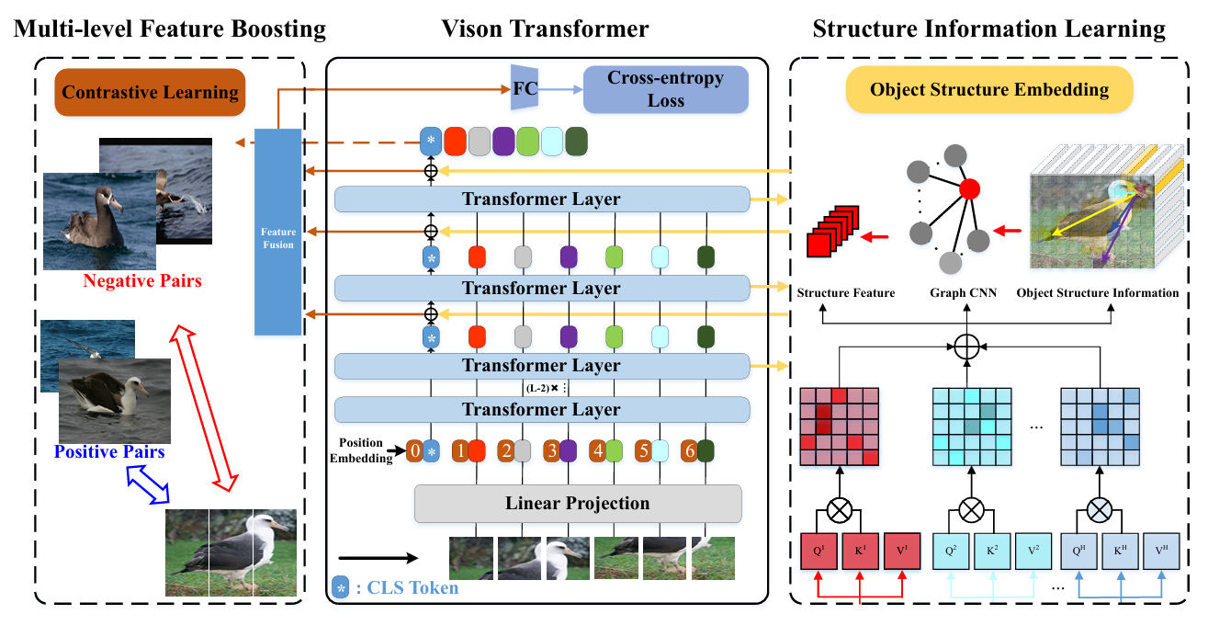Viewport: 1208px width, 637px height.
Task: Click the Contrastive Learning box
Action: pos(150,93)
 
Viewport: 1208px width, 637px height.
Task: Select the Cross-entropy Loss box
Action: pos(666,89)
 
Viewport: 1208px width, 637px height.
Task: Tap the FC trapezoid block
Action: pos(524,88)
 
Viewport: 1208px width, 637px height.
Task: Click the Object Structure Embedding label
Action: pos(988,90)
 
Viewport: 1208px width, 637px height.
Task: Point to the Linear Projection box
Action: pos(577,504)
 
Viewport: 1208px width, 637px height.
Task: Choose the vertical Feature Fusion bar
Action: pos(277,232)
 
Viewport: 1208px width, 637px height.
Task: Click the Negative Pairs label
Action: pos(142,280)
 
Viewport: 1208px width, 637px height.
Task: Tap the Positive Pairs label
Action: pos(109,451)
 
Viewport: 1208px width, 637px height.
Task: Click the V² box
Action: pos(1034,553)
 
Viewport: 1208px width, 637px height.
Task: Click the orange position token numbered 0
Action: pos(415,451)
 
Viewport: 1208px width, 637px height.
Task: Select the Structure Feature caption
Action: pos(846,293)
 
